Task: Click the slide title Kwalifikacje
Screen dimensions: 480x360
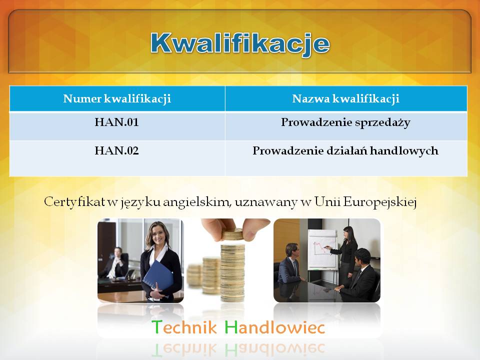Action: tap(240, 44)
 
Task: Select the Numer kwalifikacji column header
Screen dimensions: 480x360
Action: tap(117, 99)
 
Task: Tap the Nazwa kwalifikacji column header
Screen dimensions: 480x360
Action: tap(345, 99)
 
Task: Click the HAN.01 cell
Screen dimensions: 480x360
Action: tap(116, 122)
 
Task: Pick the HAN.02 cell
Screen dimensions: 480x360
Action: tap(116, 150)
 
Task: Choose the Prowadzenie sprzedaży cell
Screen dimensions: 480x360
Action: tap(345, 123)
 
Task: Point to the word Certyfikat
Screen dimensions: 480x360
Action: tap(74, 202)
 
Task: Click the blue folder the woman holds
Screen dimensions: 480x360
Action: tap(158, 276)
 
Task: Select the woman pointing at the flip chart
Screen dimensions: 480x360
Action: tap(347, 254)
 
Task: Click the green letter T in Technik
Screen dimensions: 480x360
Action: tap(156, 327)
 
